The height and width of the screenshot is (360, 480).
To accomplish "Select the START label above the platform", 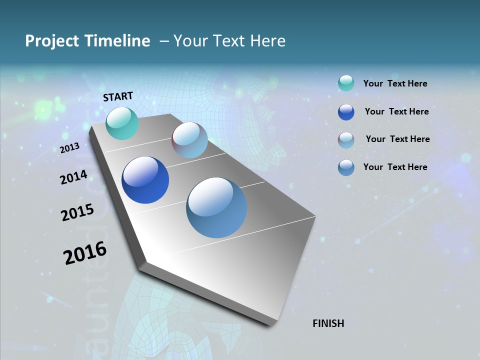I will [x=118, y=96].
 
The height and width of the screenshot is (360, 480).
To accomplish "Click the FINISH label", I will [x=328, y=323].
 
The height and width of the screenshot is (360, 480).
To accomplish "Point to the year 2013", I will [x=69, y=148].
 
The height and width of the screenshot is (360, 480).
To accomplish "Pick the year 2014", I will [x=73, y=177].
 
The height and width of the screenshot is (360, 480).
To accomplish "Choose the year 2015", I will [x=77, y=212].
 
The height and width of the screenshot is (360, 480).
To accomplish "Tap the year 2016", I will [x=84, y=253].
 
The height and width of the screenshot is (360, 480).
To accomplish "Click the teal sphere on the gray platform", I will [x=122, y=123].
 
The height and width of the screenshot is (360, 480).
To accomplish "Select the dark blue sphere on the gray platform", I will [x=145, y=180].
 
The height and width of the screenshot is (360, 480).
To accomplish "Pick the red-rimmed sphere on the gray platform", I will [x=189, y=140].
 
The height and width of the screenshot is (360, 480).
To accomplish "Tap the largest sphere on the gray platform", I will [x=216, y=207].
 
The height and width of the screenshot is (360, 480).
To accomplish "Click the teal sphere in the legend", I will [x=346, y=83].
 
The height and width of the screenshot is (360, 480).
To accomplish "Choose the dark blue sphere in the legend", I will [x=346, y=112].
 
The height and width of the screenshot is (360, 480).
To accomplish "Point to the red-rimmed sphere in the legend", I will [x=346, y=140].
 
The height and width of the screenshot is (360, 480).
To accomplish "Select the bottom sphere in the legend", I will [x=346, y=167].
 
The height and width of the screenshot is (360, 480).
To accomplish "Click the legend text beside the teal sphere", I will [x=395, y=83].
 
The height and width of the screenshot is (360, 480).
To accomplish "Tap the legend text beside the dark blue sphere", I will [x=396, y=111].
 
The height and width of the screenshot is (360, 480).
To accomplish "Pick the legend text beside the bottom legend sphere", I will [x=395, y=167].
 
